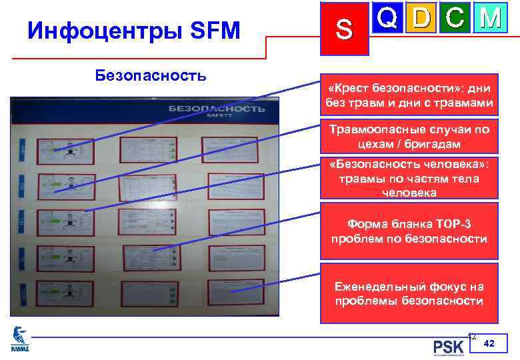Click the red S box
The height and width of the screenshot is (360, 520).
pyautogui.click(x=344, y=28)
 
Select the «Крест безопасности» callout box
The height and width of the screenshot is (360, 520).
pyautogui.click(x=409, y=96)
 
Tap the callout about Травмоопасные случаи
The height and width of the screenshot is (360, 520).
pyautogui.click(x=409, y=137)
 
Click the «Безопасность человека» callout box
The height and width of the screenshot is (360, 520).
pyautogui.click(x=409, y=178)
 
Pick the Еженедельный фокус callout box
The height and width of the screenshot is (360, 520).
pyautogui.click(x=409, y=294)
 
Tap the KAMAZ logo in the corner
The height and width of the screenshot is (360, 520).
pyautogui.click(x=21, y=339)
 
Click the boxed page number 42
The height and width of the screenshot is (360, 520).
pyautogui.click(x=489, y=343)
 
